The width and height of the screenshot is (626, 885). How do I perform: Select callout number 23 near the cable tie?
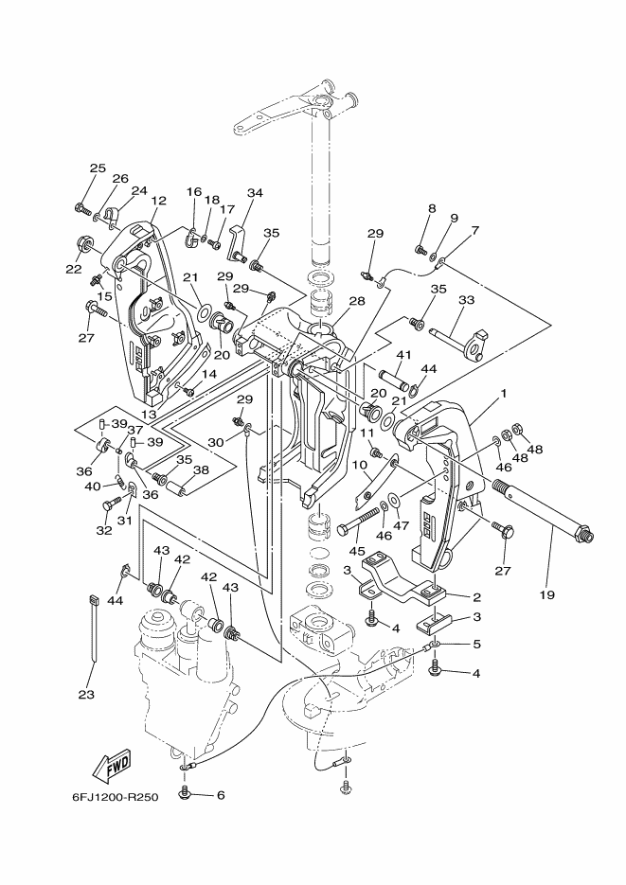[86, 695]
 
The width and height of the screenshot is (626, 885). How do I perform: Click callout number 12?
[158, 200]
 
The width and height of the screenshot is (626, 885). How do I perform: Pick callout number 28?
[357, 301]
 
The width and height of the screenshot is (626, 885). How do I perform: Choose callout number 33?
[466, 300]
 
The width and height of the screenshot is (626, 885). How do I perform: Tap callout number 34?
[255, 193]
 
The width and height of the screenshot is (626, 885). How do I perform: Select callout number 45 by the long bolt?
[356, 550]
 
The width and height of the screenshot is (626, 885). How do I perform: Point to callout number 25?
[98, 168]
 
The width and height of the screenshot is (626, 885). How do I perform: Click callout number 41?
[403, 355]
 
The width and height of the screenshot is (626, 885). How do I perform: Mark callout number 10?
[360, 465]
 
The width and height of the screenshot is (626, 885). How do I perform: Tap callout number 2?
[476, 596]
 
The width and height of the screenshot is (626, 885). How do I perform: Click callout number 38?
[201, 469]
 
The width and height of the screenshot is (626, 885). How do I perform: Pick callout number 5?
[476, 643]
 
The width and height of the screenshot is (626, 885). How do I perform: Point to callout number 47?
[402, 525]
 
